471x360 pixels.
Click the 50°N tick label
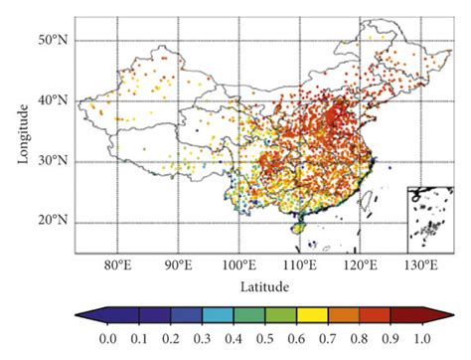click(54, 40)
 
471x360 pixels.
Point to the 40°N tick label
click(54, 100)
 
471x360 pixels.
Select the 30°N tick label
click(54, 160)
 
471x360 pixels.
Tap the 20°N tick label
click(54, 220)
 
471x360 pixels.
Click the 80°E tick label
click(117, 266)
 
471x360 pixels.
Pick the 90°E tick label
click(178, 266)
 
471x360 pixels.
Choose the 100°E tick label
click(238, 266)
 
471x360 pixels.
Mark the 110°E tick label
click(299, 266)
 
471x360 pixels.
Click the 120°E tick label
click(361, 266)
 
